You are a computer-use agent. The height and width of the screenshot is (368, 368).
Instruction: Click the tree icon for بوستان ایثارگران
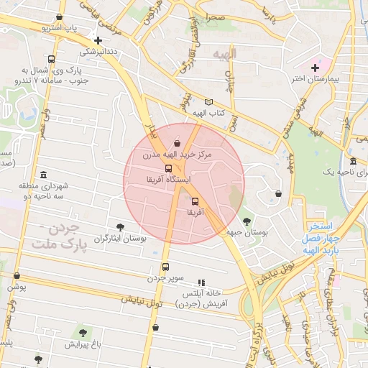[x=120, y=227]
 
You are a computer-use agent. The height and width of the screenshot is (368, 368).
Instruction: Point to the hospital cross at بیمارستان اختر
[x=315, y=68]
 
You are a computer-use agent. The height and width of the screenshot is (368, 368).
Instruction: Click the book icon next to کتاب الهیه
[x=209, y=103]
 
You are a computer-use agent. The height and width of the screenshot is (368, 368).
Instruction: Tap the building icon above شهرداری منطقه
[x=44, y=175]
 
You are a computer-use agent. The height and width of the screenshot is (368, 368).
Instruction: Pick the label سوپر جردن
[x=167, y=277]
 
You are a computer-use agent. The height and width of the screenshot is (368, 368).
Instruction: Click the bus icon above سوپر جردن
[x=165, y=267]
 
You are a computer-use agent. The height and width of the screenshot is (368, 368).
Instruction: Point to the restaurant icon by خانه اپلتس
[x=202, y=283]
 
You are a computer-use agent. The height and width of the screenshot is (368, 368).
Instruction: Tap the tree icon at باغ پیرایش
[x=83, y=333]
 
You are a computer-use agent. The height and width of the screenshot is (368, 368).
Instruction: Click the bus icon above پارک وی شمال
[x=51, y=60]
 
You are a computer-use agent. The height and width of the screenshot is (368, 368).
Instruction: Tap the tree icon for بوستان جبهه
[x=248, y=222]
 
